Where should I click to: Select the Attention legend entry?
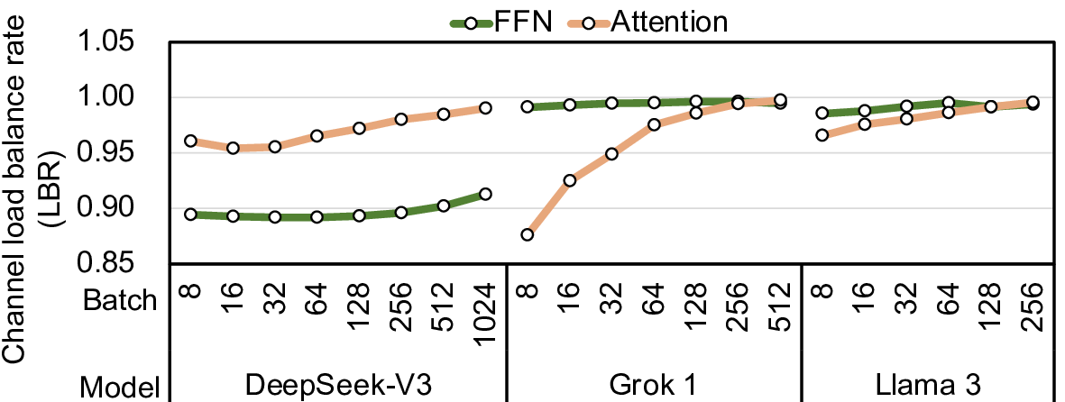pos(668,22)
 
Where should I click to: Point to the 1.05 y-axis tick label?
pos(117,43)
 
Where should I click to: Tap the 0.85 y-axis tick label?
pos(117,263)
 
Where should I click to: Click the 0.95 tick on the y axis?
pos(117,153)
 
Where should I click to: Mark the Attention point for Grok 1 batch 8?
pos(528,235)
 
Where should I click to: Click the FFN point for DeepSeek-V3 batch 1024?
pos(485,194)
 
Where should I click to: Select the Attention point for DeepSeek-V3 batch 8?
pos(190,141)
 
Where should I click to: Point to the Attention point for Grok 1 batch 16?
pos(569,180)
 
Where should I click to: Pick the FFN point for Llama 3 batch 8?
pos(822,114)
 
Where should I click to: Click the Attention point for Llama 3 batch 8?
pos(822,135)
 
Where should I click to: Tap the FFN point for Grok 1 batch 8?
pos(528,106)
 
